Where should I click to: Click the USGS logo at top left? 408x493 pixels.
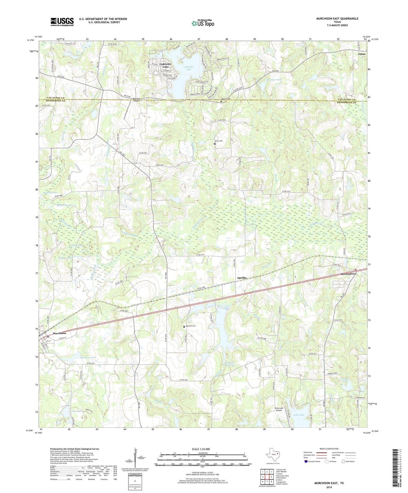(62, 22)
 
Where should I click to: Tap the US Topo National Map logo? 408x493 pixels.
(203, 23)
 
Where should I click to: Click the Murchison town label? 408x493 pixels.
(59, 333)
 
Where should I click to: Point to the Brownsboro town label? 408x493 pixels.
(348, 274)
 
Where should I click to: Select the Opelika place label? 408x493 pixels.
(242, 278)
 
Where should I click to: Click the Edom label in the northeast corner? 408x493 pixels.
(361, 54)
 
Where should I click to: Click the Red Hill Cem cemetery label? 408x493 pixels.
(191, 326)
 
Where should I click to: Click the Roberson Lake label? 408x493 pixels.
(88, 357)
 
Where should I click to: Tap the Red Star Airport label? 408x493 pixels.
(137, 100)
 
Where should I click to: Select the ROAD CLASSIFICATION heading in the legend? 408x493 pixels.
(328, 449)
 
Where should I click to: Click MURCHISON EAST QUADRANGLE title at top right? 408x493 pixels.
(337, 19)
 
